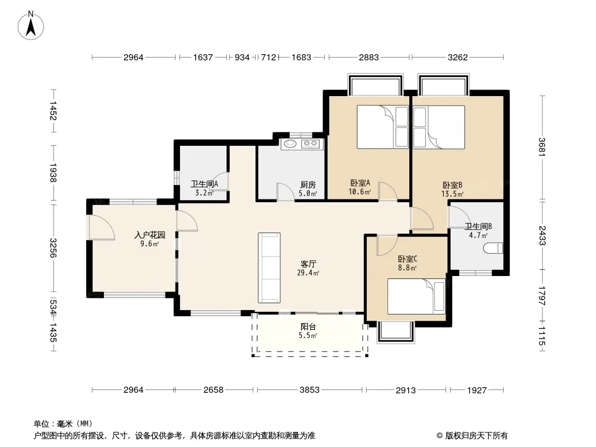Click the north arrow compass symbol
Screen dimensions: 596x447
pos(31,26)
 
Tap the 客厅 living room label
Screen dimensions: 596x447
pos(308,264)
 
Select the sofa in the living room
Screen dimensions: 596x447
pos(269,268)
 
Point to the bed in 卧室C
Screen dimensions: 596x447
pos(416,296)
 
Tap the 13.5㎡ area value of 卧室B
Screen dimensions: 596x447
pos(452,194)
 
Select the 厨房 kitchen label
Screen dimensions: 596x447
pos(308,184)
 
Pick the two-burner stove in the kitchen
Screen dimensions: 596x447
pos(310,144)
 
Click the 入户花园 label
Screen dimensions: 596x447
pos(150,235)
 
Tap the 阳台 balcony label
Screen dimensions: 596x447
pos(308,327)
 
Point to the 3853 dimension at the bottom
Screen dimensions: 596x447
pos(309,389)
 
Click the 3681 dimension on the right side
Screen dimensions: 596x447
pos(542,146)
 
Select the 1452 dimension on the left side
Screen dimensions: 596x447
pos(53,111)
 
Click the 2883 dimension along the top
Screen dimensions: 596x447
pos(368,58)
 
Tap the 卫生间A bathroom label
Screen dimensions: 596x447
pos(205,184)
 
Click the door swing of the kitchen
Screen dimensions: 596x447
pos(286,192)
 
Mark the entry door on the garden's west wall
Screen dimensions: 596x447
pos(100,227)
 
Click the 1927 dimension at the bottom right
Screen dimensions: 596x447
pos(477,390)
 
